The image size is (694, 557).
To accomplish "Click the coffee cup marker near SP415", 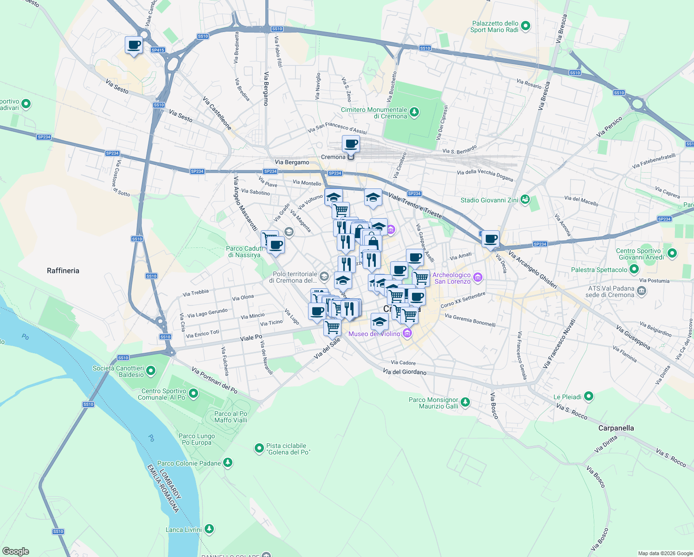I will [134, 45].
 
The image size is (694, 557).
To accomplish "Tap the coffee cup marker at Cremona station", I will [351, 144].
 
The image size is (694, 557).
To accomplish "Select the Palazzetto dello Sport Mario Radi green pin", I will [526, 26].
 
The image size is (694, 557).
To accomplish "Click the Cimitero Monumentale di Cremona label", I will [374, 113].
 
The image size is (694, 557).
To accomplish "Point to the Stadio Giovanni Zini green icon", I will [525, 200].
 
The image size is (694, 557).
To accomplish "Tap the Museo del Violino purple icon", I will [407, 333].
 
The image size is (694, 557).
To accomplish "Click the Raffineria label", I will [63, 271].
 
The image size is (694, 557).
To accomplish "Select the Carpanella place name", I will [616, 428].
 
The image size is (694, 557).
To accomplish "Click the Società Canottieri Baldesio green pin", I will [151, 371].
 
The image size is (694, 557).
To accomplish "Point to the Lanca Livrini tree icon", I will [209, 529].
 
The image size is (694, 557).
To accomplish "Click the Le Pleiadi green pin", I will [589, 396].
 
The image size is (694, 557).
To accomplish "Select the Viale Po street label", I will [251, 337].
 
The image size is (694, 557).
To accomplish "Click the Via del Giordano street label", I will [405, 372].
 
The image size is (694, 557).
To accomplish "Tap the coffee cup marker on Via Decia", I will [490, 239].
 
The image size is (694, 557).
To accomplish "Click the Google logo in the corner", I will [15, 551].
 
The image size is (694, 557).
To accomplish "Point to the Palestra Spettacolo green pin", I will [634, 269].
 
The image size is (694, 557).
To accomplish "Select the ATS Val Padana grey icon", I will [641, 291].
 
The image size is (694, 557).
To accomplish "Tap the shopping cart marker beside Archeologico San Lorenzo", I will [421, 278].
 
